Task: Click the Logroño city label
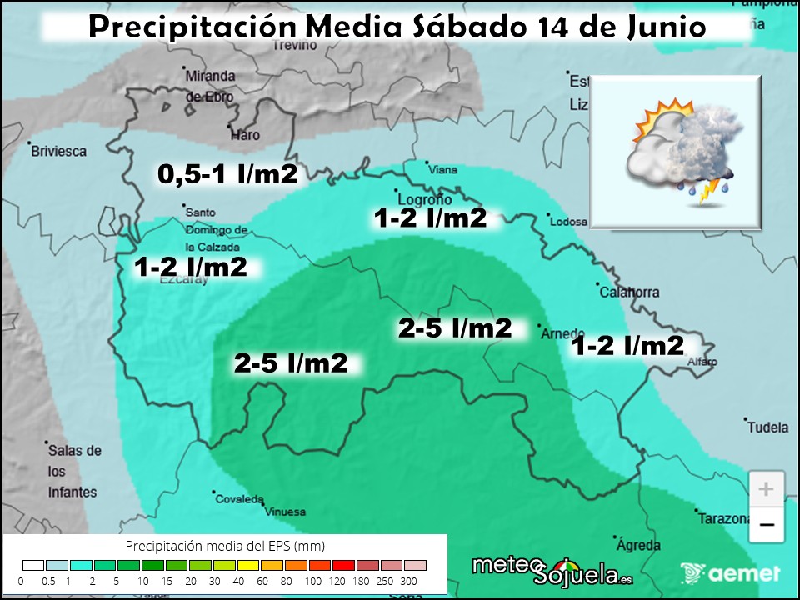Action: (x=425, y=200)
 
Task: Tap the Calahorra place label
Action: (x=629, y=292)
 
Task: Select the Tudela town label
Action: (x=767, y=427)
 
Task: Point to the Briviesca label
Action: (x=58, y=151)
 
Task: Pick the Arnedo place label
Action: (x=562, y=333)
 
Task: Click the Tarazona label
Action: (x=726, y=519)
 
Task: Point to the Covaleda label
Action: (x=239, y=499)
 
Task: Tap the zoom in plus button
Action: (x=767, y=488)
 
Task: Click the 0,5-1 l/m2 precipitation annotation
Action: (x=227, y=173)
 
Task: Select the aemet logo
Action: (x=730, y=573)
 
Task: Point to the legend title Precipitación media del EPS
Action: (x=225, y=546)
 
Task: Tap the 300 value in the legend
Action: (x=409, y=581)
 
